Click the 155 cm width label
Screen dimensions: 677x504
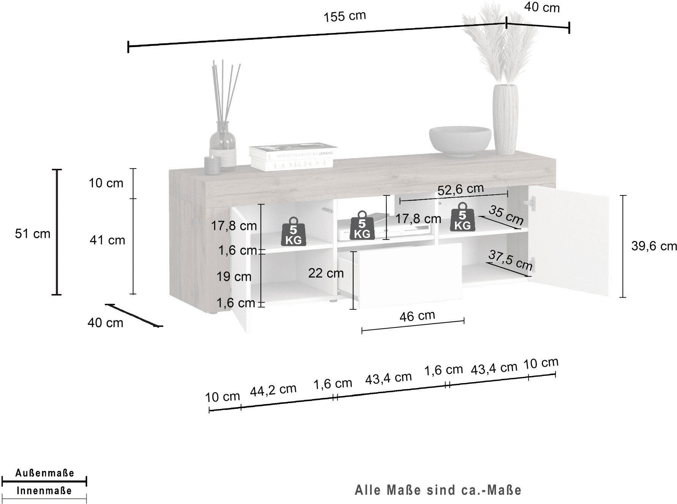pos(345,16)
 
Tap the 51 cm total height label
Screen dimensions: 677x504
pos(33,233)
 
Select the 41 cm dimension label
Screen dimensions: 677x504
pos(107,240)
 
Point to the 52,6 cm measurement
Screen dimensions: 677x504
pos(461,189)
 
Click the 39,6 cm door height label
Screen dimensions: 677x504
pos(654,246)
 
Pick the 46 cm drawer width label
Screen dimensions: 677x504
pos(417,315)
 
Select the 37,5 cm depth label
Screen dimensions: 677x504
pos(510,260)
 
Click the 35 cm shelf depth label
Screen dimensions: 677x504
pos(506,215)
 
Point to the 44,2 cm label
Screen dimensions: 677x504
pos(273,390)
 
